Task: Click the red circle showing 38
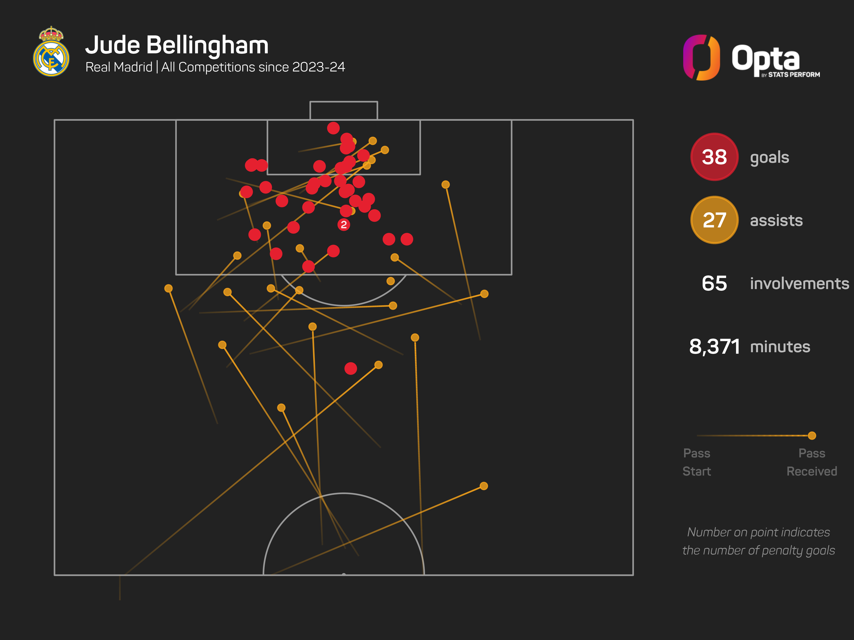point(714,157)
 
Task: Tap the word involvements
point(799,284)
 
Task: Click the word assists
point(776,221)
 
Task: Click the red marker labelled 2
point(344,224)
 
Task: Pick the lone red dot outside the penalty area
point(351,368)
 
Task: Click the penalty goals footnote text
point(758,541)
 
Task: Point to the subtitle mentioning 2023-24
point(215,67)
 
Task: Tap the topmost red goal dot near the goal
point(333,128)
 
